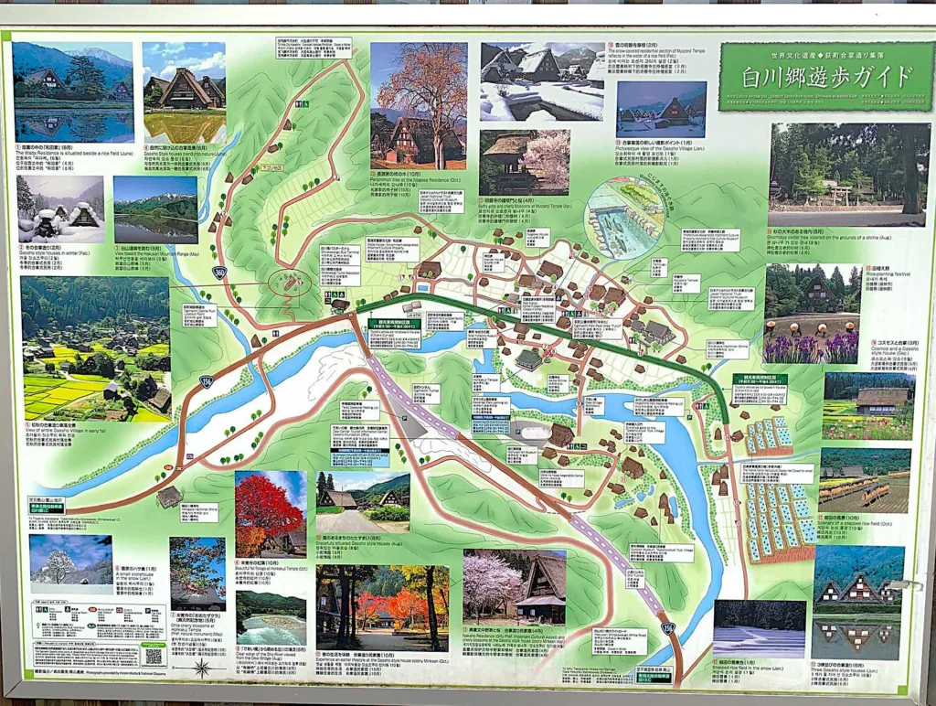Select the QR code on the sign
coord(153,655)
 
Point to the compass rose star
coord(202,668)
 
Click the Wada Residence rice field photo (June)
coord(73,91)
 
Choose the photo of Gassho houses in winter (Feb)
coord(60,209)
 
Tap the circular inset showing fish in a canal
coord(625,219)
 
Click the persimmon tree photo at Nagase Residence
coord(418,105)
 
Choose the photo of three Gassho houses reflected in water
coord(858,602)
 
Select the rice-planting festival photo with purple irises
coord(812,314)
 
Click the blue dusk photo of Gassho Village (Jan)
coord(660,110)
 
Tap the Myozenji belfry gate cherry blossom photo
coord(524,162)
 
